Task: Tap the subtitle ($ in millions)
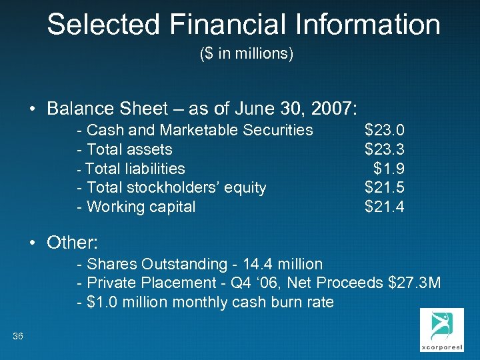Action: click(247, 54)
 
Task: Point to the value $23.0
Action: click(384, 129)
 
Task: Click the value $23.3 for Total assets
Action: click(384, 149)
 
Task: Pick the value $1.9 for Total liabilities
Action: click(389, 169)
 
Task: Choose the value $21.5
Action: click(384, 188)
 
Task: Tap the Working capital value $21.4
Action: click(384, 207)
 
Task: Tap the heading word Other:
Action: click(73, 242)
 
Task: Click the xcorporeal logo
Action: click(438, 330)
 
